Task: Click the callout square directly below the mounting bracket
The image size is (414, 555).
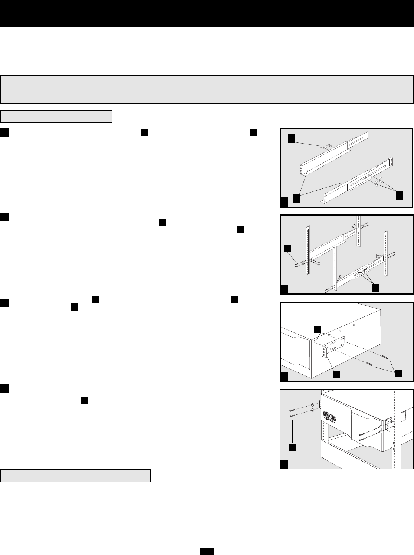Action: pos(336,375)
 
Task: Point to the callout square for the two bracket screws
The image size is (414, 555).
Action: pos(398,374)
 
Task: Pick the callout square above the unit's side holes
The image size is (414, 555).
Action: pos(317,329)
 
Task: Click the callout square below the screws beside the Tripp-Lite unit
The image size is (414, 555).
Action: pos(293,447)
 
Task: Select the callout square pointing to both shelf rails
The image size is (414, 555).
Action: pos(296,198)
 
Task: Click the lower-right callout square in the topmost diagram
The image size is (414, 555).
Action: pos(399,196)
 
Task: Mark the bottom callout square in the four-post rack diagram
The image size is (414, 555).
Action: pos(375,288)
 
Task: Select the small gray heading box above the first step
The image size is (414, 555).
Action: pos(56,116)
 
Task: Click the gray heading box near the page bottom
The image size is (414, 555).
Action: pos(75,476)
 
